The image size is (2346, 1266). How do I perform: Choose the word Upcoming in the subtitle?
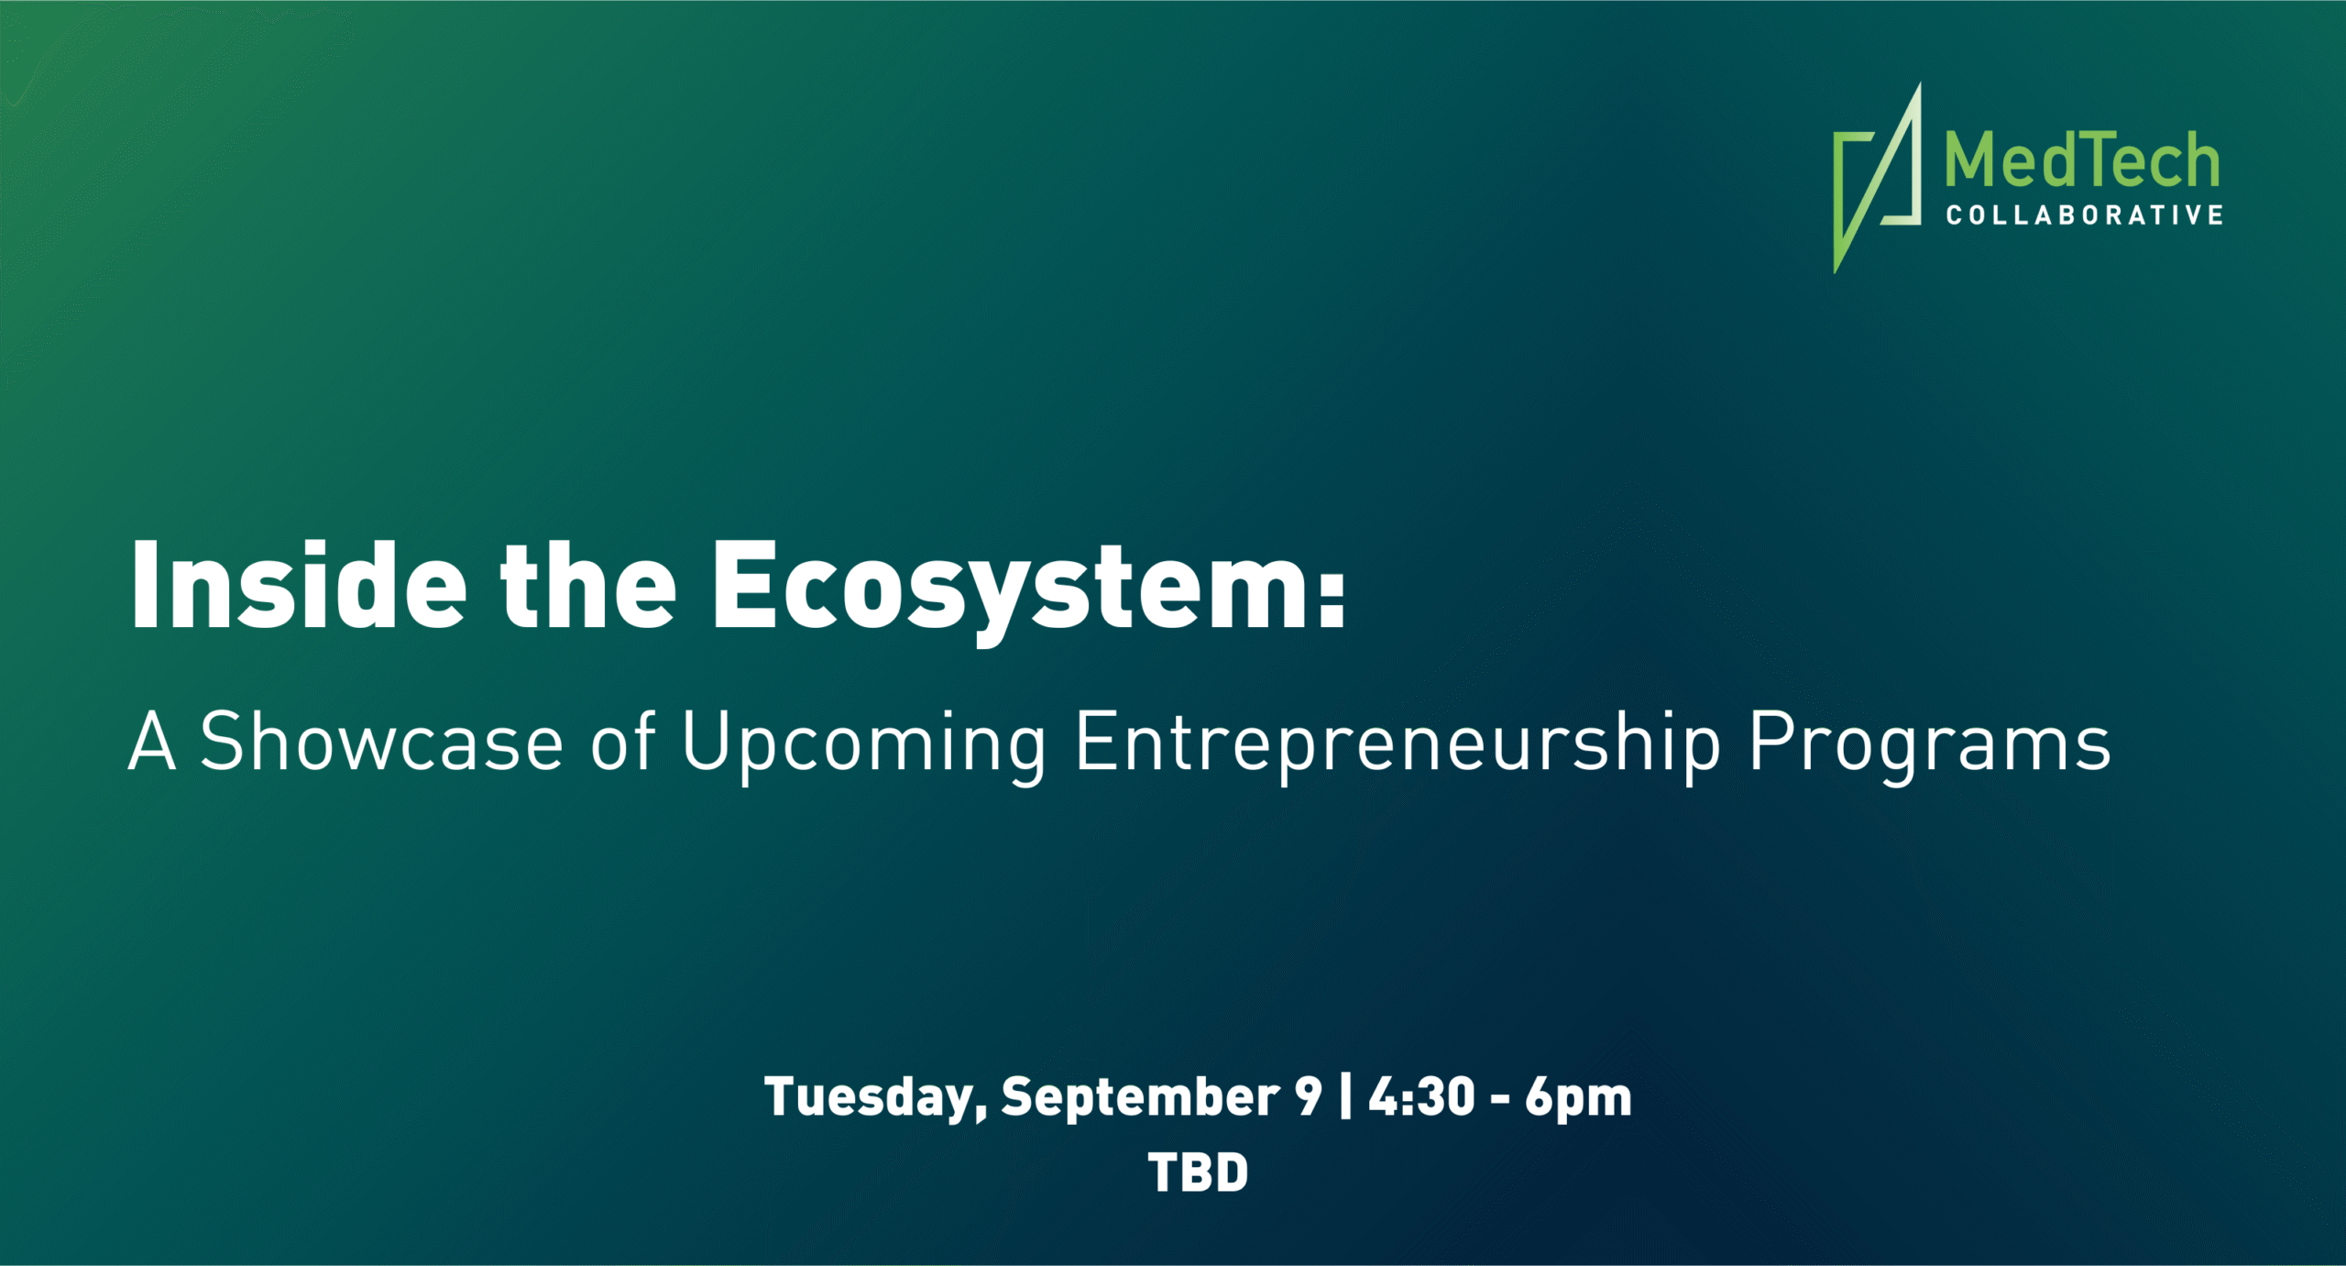pyautogui.click(x=864, y=746)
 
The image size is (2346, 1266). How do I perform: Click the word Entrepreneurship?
pyautogui.click(x=1398, y=746)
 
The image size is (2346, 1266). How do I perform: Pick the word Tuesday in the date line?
pyautogui.click(x=876, y=1098)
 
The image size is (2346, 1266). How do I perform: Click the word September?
pyautogui.click(x=1140, y=1098)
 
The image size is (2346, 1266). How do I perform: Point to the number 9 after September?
pyautogui.click(x=1309, y=1096)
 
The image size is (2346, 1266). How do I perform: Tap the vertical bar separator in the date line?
pyautogui.click(x=1345, y=1096)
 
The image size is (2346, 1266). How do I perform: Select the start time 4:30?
pyautogui.click(x=1421, y=1096)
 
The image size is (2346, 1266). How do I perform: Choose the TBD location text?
pyautogui.click(x=1198, y=1172)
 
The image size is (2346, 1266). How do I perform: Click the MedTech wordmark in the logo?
pyautogui.click(x=2082, y=160)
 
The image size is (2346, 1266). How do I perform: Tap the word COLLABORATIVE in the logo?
pyautogui.click(x=2084, y=215)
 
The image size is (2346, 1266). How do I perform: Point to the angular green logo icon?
pyautogui.click(x=1877, y=178)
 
